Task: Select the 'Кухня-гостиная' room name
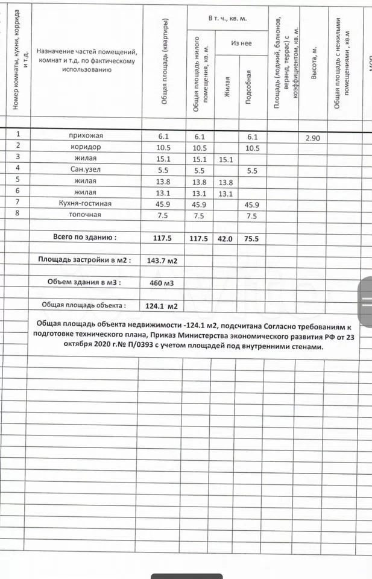(85, 203)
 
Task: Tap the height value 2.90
(313, 138)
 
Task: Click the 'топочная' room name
(85, 215)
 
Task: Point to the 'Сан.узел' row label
(85, 170)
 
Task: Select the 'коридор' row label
(85, 147)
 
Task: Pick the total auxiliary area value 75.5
(251, 238)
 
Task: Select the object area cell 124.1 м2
(162, 306)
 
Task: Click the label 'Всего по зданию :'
(84, 238)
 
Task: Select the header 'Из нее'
(241, 43)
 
